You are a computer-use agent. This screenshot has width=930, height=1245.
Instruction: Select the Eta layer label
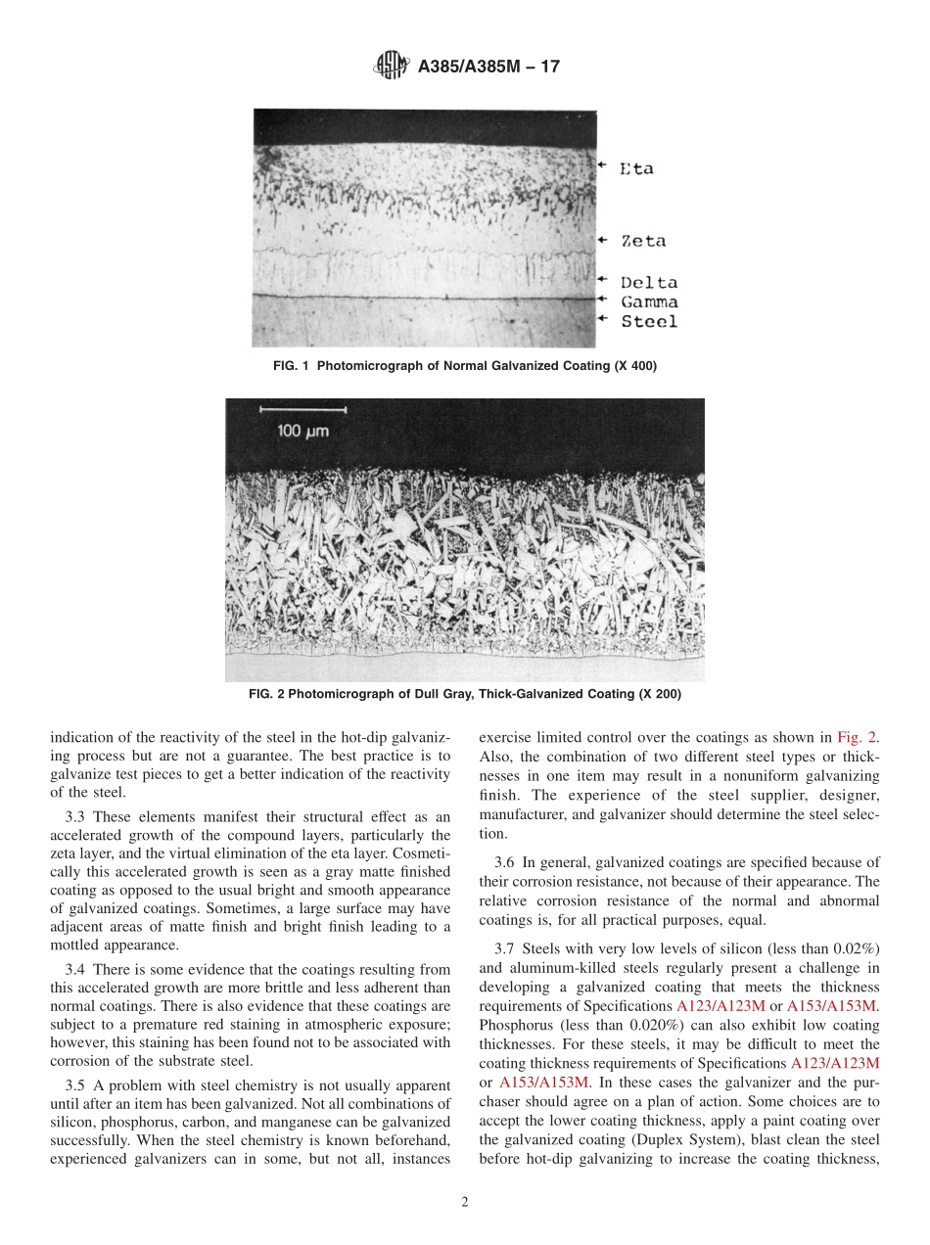pos(636,168)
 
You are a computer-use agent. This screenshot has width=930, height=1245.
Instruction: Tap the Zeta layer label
pos(643,241)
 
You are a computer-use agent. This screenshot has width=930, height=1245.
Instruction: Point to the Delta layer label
pos(649,283)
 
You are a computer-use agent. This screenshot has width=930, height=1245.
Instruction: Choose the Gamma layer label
pos(649,301)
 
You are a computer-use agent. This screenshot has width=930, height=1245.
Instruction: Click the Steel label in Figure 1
pos(649,321)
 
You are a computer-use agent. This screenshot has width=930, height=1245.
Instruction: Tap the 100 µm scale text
pos(302,431)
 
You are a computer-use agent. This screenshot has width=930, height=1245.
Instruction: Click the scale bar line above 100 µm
pos(304,408)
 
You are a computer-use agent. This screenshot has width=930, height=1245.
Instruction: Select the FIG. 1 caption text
pos(465,366)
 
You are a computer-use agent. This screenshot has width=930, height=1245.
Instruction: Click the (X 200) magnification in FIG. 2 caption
pos(659,694)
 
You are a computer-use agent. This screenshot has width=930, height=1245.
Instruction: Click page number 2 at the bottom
pos(465,1203)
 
